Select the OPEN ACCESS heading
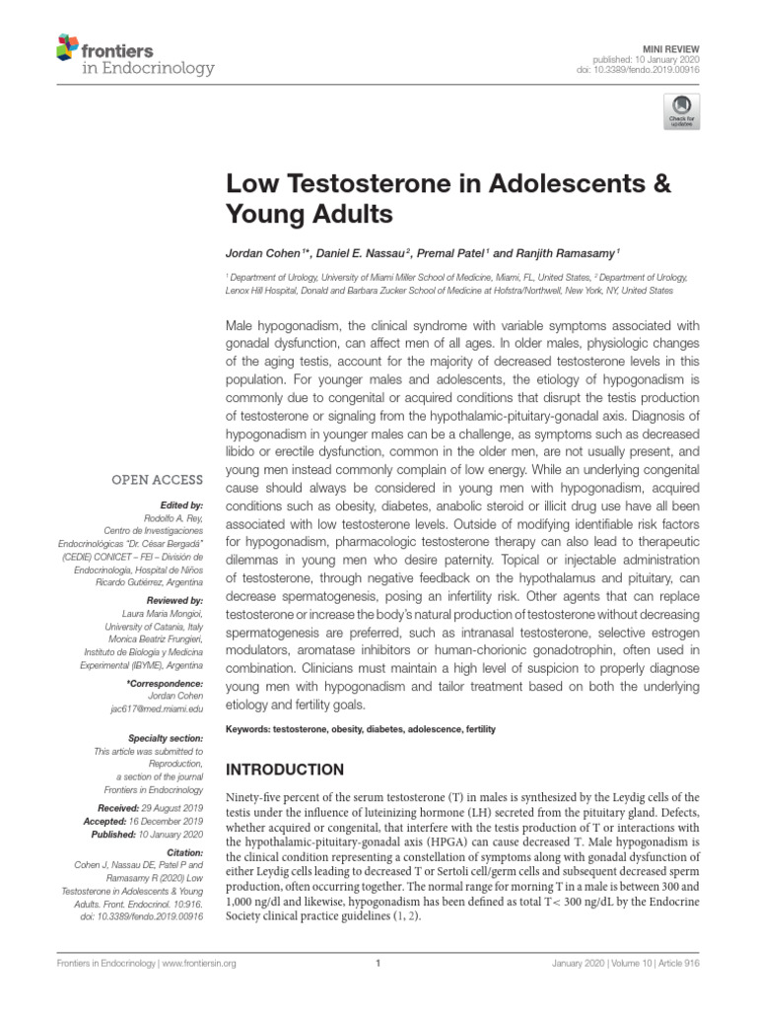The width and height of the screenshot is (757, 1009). (158, 481)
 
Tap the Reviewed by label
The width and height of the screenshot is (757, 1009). (174, 600)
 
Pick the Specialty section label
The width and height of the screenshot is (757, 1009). (166, 737)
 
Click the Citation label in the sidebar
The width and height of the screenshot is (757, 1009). (184, 853)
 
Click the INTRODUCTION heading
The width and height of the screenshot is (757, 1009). (286, 770)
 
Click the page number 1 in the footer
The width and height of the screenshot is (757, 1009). (378, 966)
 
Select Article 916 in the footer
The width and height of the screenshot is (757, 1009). (700, 966)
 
